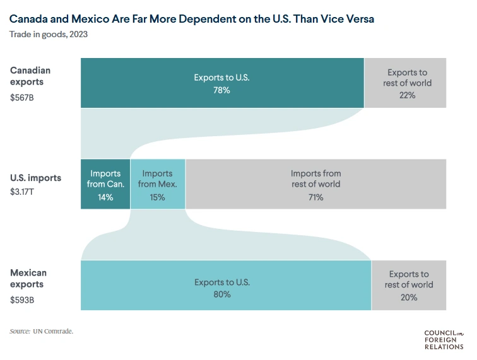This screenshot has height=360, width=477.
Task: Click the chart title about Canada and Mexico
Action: tap(192, 20)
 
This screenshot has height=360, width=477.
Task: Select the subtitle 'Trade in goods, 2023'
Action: tap(49, 34)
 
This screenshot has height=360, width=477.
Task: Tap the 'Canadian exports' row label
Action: tap(30, 76)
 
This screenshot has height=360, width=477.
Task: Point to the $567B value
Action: tap(22, 98)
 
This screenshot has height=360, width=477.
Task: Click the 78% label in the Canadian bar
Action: tap(221, 90)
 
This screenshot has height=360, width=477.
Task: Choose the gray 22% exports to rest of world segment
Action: tap(406, 83)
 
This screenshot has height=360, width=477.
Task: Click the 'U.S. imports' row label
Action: tap(36, 178)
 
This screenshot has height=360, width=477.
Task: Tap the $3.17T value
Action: tap(22, 190)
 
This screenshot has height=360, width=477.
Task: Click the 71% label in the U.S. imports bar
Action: tap(315, 197)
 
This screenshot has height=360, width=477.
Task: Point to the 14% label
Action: tap(105, 197)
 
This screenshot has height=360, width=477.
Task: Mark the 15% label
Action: tap(158, 197)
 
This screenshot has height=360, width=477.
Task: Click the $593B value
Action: tap(22, 300)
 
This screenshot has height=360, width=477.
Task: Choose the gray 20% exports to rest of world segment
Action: tap(409, 285)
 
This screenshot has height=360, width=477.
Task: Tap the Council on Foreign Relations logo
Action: tap(444, 339)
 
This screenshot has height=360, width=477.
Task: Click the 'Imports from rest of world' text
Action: tap(315, 178)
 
